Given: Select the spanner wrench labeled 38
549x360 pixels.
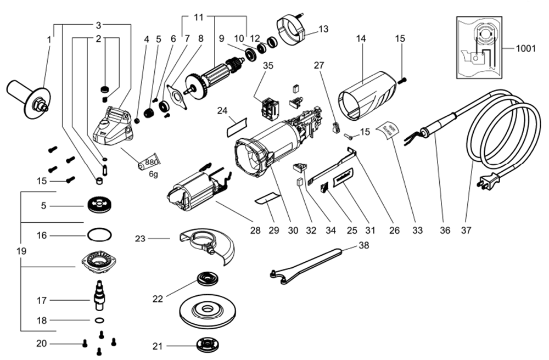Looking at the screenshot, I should point(307,263).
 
